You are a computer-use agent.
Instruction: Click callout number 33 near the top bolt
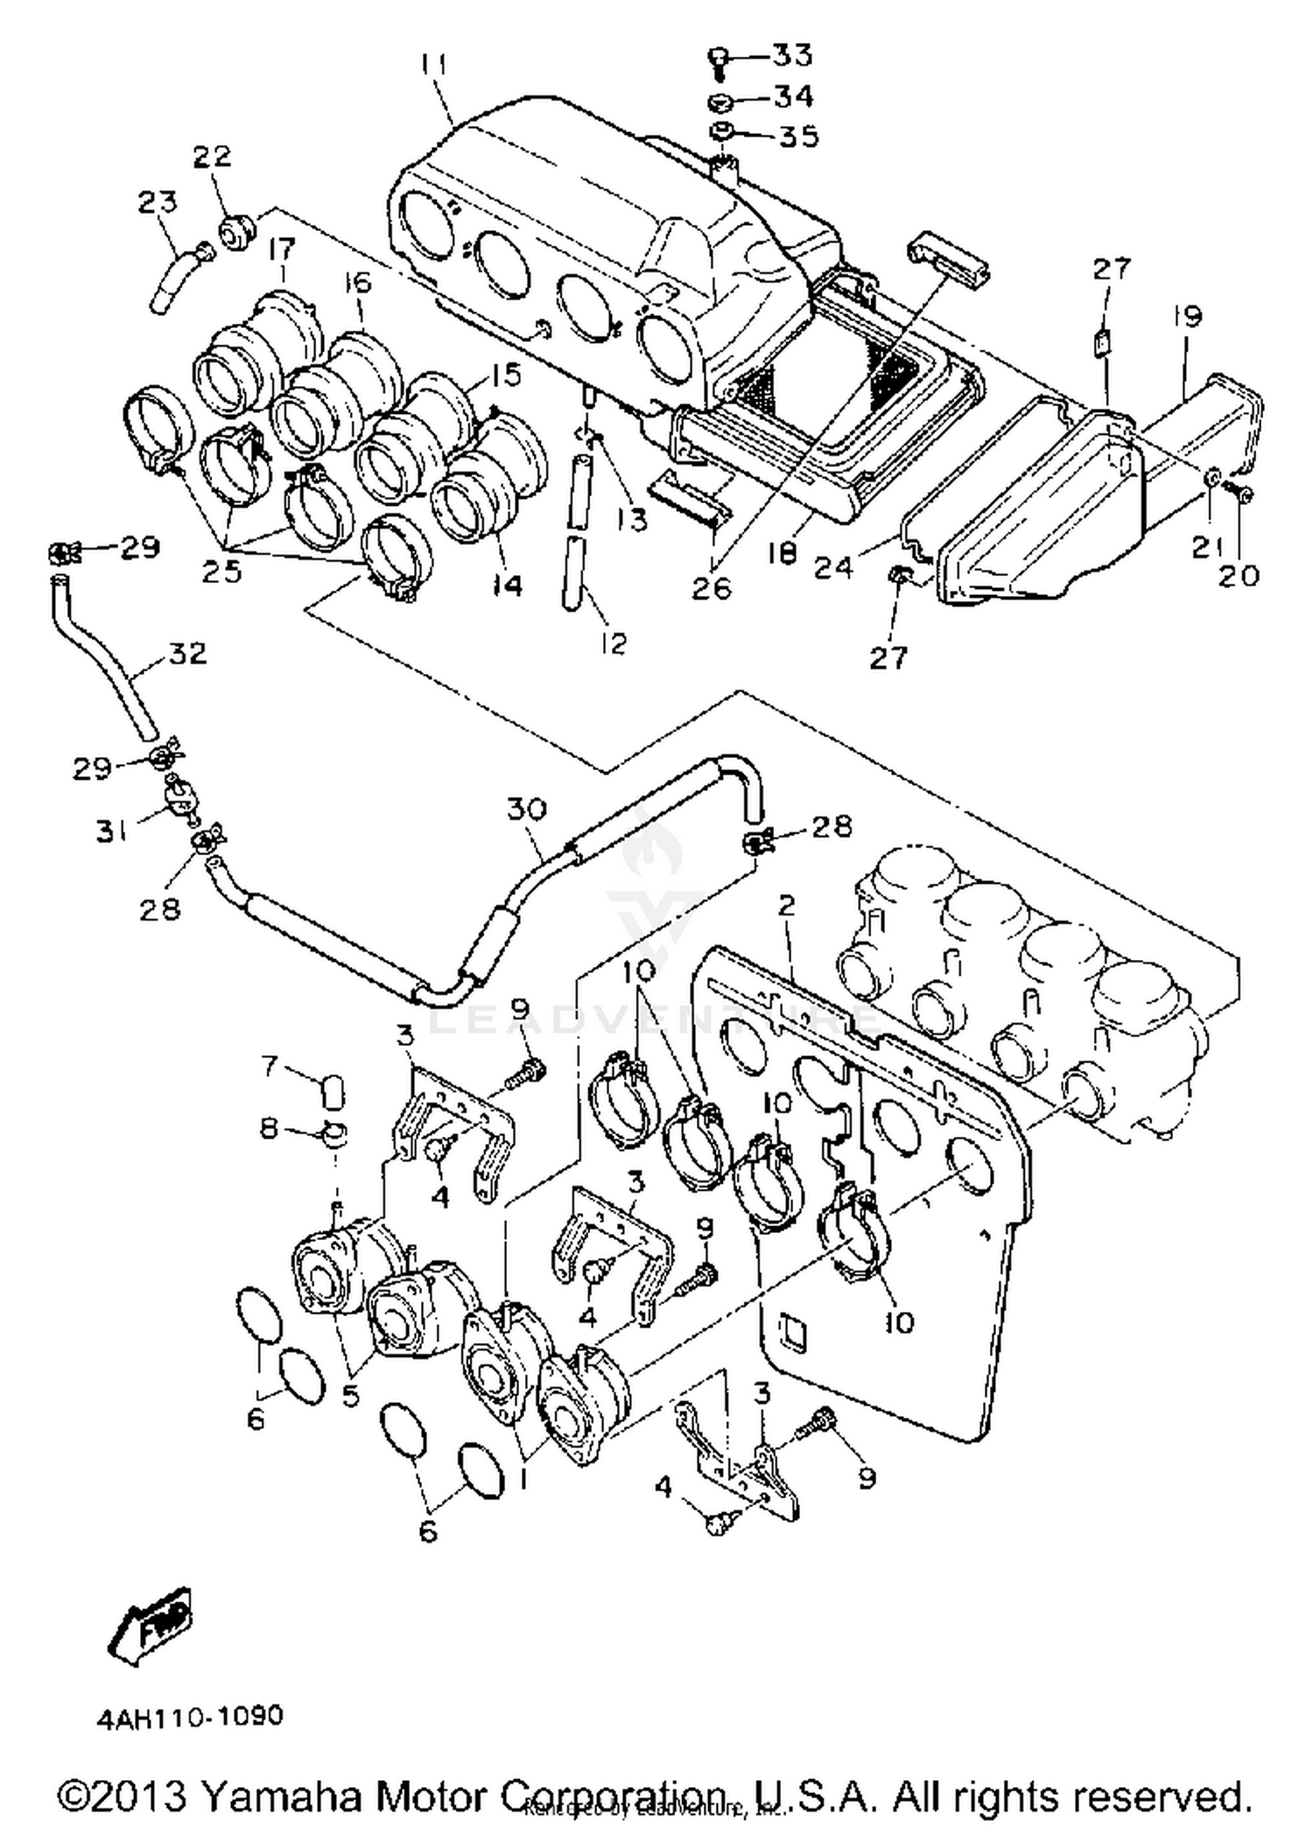coord(793,55)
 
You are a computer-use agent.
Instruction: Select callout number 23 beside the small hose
coord(158,202)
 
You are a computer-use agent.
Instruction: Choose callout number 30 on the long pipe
coord(526,809)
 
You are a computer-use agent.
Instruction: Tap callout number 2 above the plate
coord(786,905)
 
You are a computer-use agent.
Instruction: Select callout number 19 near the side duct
coord(1188,316)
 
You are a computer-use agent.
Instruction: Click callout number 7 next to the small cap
coord(270,1066)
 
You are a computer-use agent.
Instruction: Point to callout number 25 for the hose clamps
coord(221,571)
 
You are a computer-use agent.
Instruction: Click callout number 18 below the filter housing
coord(783,553)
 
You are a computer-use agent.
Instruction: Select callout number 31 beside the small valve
coord(111,830)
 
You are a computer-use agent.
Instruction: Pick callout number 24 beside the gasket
coord(832,568)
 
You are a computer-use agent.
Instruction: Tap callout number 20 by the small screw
coord(1239,575)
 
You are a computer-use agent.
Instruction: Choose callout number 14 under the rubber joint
coord(505,585)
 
